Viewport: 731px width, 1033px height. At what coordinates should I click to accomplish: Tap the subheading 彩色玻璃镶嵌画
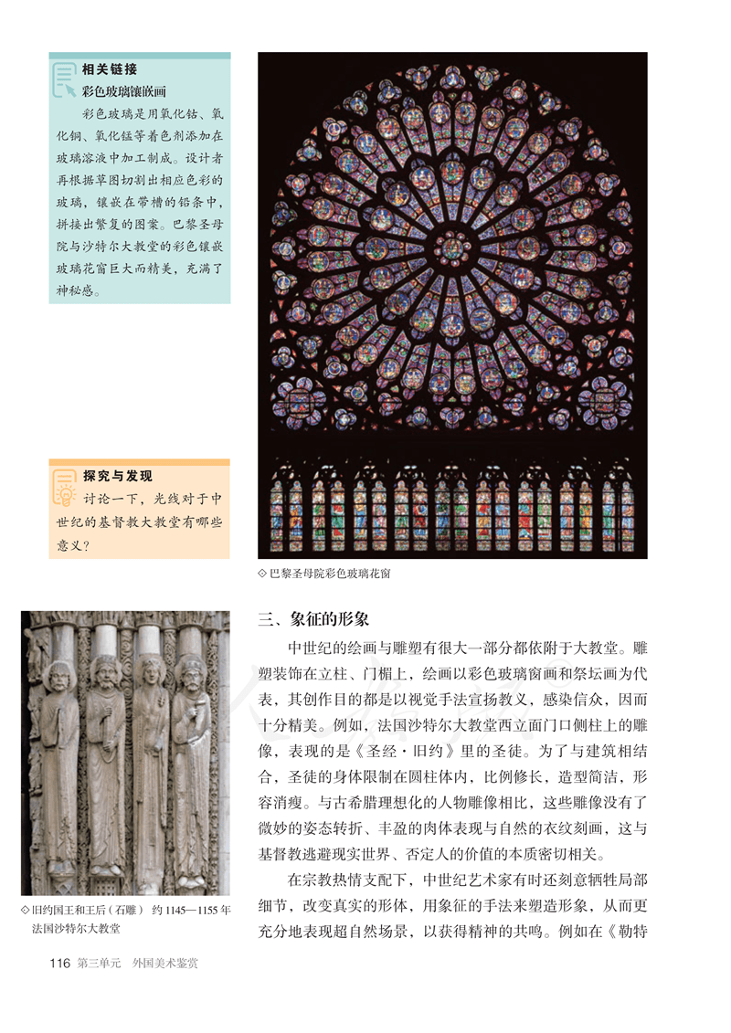(x=123, y=91)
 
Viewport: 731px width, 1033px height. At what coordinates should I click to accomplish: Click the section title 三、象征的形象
(x=313, y=619)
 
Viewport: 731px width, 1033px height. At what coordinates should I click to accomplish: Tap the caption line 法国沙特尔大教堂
(x=78, y=928)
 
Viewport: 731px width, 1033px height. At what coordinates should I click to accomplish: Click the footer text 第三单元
(x=99, y=963)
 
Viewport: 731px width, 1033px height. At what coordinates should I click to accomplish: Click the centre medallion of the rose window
(x=452, y=247)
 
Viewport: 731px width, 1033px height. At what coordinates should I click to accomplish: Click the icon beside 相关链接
(x=64, y=79)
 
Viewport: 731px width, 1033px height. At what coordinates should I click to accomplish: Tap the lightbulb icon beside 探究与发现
(x=64, y=489)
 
